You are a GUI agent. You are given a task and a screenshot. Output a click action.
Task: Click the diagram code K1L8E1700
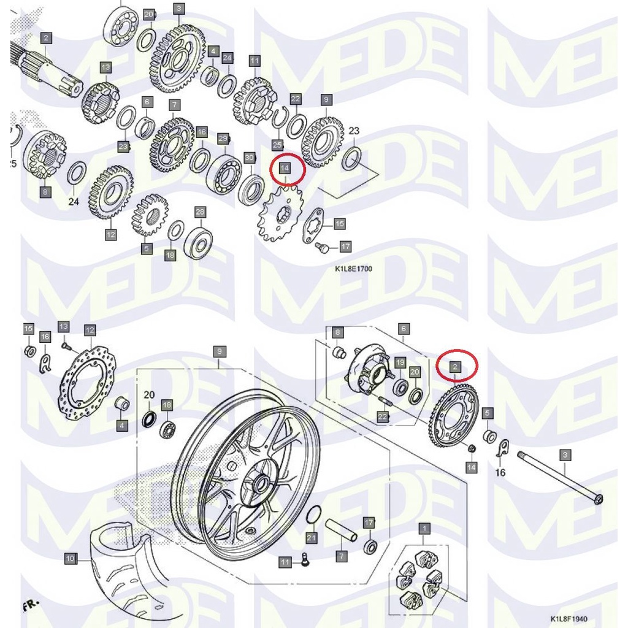pyautogui.click(x=353, y=269)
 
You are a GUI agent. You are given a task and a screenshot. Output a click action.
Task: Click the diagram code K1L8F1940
pyautogui.click(x=568, y=619)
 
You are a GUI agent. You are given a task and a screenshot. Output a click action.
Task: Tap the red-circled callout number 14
pyautogui.click(x=285, y=167)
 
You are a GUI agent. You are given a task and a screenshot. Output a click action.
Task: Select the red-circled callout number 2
pyautogui.click(x=454, y=367)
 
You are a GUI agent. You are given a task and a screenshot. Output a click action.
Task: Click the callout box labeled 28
pyautogui.click(x=201, y=212)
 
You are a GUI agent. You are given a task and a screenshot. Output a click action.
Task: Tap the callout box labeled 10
pyautogui.click(x=71, y=558)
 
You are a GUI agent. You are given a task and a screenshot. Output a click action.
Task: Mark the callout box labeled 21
pyautogui.click(x=311, y=538)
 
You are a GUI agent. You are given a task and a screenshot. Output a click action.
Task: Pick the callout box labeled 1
pyautogui.click(x=424, y=527)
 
